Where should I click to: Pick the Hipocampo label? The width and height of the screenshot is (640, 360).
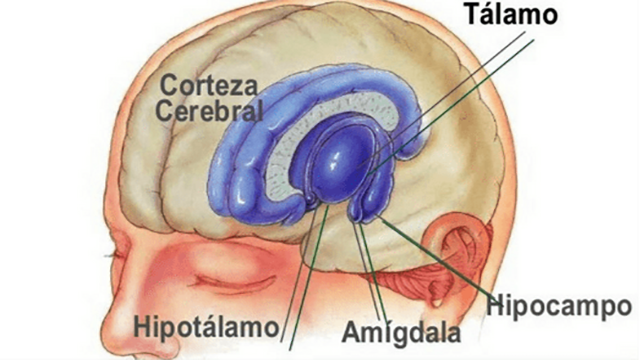560,305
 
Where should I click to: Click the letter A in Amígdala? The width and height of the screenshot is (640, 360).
352,332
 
